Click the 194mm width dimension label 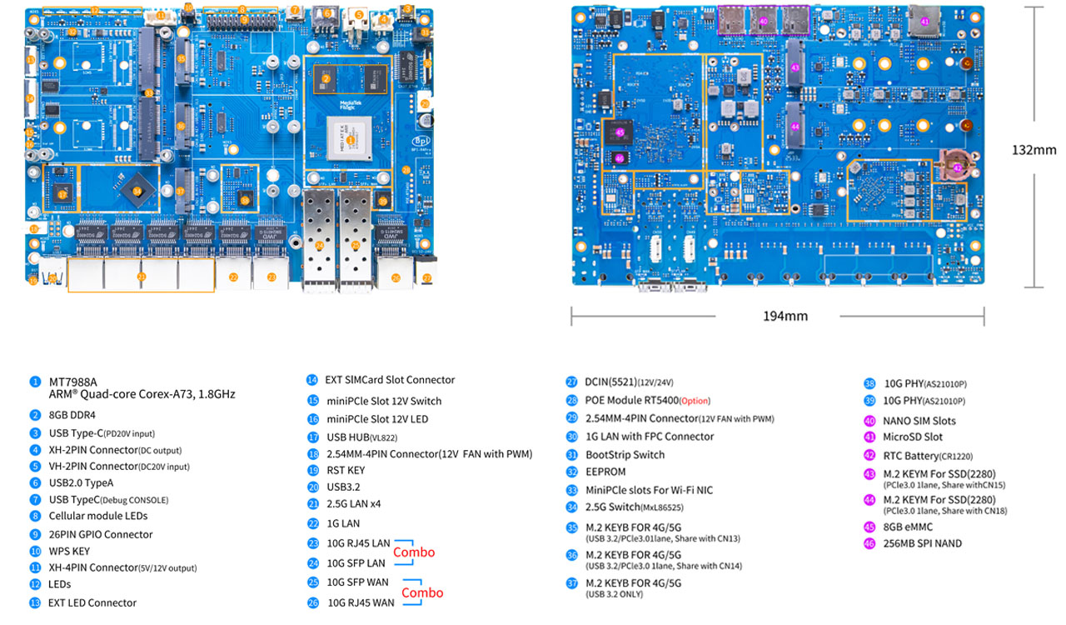[785, 316]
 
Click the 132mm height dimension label [1034, 150]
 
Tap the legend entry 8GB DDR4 [72, 415]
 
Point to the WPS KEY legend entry [69, 551]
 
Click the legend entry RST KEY [345, 470]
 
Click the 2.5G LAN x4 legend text [355, 503]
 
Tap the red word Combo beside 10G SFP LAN [414, 552]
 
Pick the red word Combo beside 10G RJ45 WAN [422, 592]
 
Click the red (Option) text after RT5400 [695, 401]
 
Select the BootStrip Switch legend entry [625, 455]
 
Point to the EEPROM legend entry [605, 472]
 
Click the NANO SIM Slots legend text [919, 421]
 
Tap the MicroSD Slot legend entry [913, 437]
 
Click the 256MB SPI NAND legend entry [922, 543]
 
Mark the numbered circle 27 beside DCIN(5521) [571, 382]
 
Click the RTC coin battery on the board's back [956, 166]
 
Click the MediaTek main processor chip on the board [351, 138]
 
